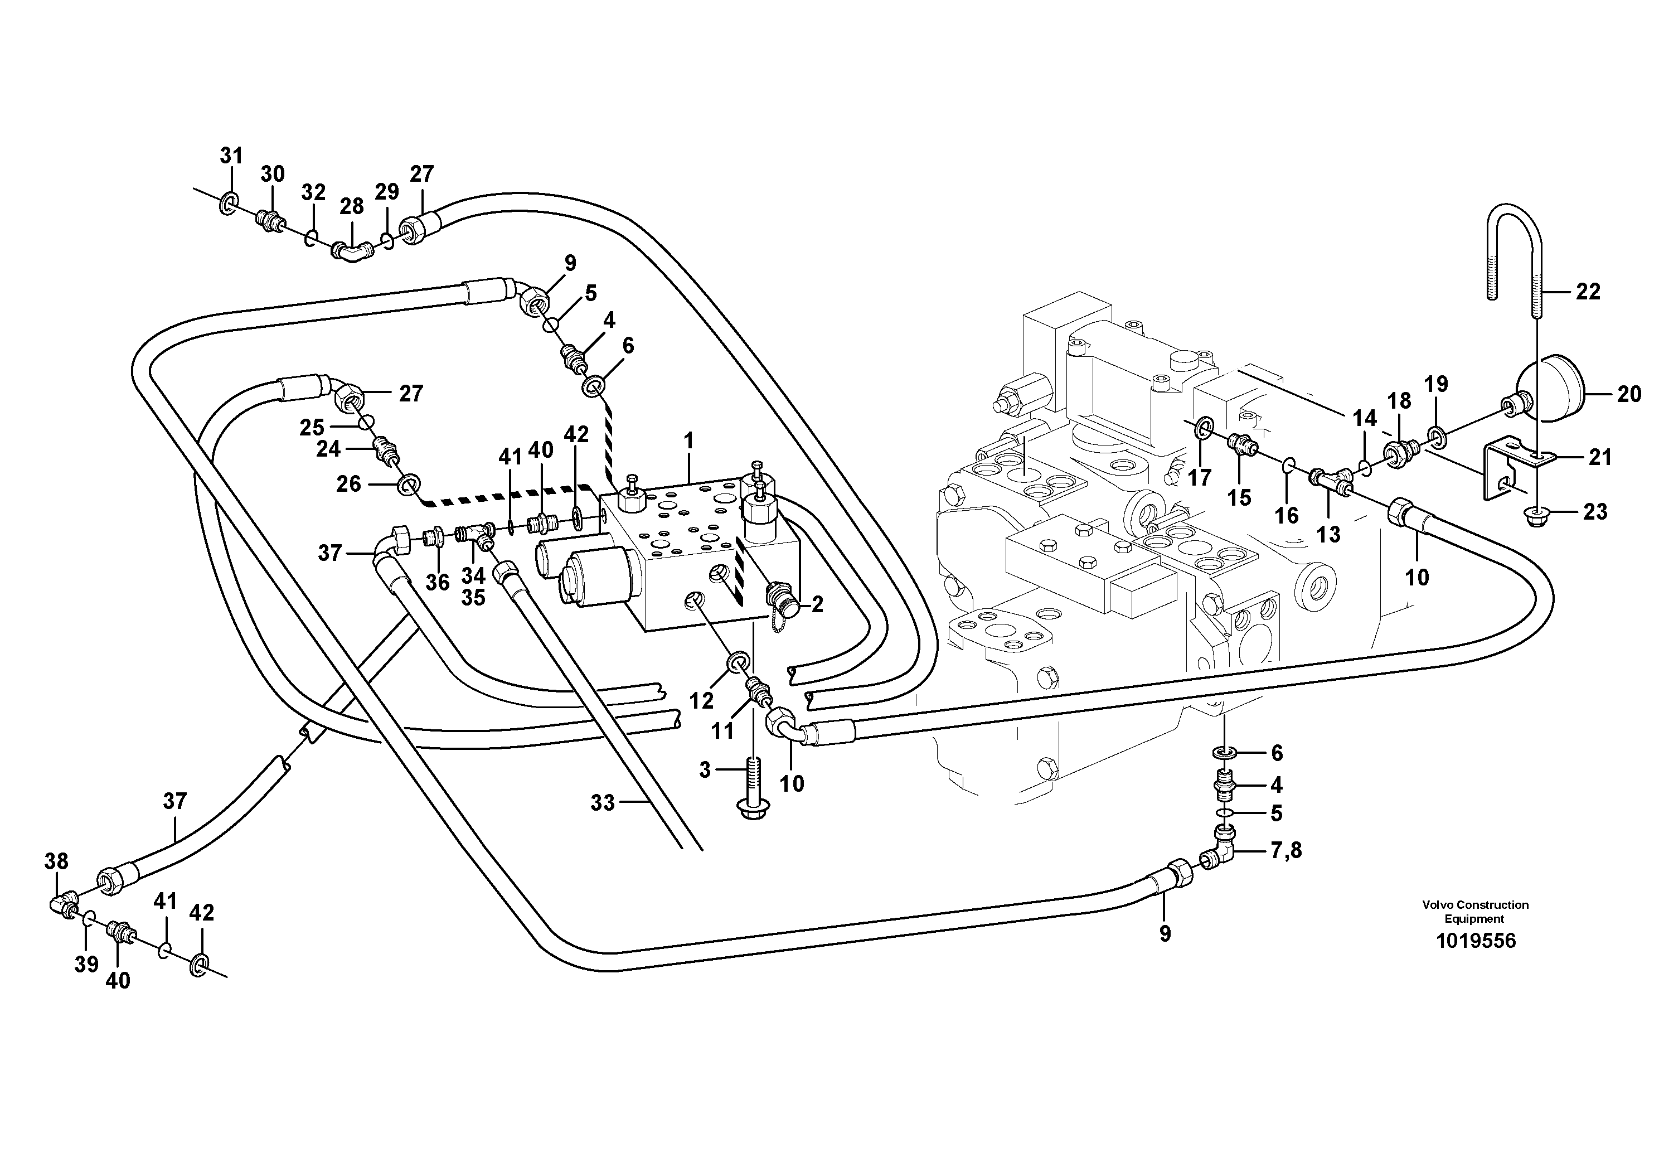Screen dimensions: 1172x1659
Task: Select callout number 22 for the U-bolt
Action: tap(1588, 292)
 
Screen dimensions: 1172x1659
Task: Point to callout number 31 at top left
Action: tap(231, 156)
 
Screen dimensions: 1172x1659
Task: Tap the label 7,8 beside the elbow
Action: tap(1286, 850)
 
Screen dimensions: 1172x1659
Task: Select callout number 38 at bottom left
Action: tap(56, 861)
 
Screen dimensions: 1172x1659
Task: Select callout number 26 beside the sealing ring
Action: tap(348, 483)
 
